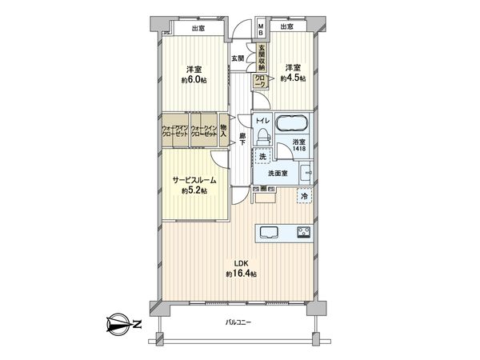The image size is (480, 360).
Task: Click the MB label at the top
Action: pos(261,28)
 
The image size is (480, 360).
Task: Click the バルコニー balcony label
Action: pos(239,322)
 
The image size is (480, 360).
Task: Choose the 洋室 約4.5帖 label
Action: pos(291,73)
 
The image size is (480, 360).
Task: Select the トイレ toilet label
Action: pos(262,121)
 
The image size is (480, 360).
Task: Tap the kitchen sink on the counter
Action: pos(268,233)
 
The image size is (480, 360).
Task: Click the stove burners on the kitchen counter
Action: pos(305,233)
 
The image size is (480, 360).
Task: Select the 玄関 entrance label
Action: pos(238,58)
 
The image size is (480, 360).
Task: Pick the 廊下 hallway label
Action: pos(242,138)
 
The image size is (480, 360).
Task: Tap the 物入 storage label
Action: pos(224,133)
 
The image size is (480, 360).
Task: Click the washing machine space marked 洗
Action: pos(262,156)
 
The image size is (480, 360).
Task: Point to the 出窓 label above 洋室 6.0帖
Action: pos(199,29)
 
